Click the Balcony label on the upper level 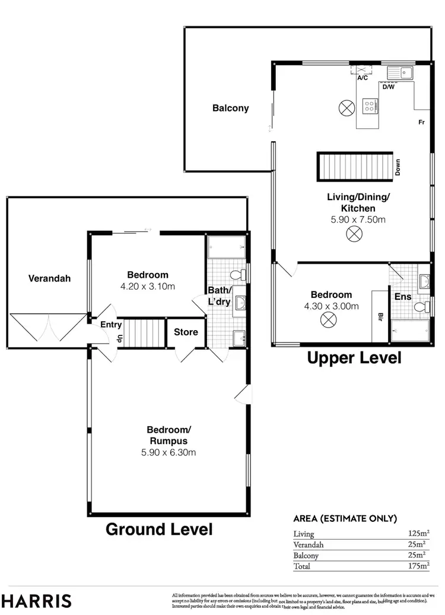(x=230, y=109)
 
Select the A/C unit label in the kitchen (x=362, y=77)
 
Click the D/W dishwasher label (x=388, y=87)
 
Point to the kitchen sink (x=401, y=74)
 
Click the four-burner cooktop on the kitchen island (x=371, y=106)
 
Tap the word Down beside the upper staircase (x=398, y=167)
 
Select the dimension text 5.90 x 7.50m (x=358, y=219)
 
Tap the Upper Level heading (x=354, y=358)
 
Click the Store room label (x=186, y=332)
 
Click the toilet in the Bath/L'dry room (x=239, y=275)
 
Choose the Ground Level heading (x=158, y=529)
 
